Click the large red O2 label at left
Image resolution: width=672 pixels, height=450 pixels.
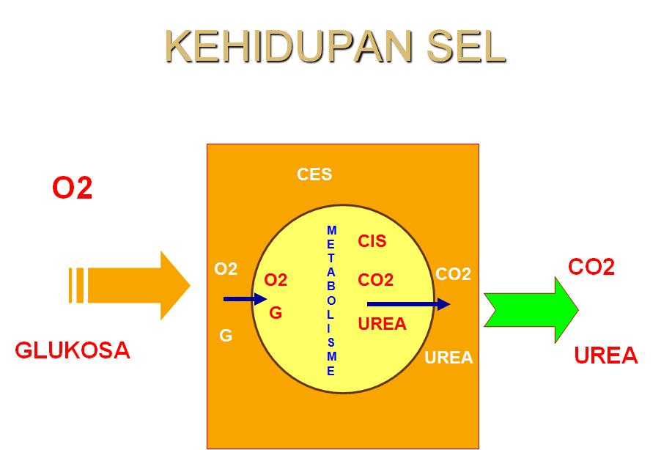point(72,188)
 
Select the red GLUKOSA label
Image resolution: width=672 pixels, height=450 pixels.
point(73,350)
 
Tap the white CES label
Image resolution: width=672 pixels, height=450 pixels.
point(314,174)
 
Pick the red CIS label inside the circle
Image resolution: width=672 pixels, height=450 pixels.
point(372,241)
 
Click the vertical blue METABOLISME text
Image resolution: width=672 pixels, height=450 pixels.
point(331,300)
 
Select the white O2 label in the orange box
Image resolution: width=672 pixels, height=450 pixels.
point(226,269)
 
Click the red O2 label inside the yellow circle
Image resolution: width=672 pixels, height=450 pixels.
point(276,280)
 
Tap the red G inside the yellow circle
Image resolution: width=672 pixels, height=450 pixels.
point(276,313)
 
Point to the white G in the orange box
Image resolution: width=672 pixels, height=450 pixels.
point(226,336)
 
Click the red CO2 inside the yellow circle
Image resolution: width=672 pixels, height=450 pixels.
point(376,280)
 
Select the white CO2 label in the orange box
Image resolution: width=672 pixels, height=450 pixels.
point(453,274)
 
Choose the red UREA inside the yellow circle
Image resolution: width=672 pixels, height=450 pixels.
point(382,323)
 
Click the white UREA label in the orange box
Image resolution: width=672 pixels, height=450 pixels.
point(449,358)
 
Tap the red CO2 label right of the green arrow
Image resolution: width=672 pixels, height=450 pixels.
point(591,267)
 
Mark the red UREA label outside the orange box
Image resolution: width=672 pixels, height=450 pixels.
point(606,356)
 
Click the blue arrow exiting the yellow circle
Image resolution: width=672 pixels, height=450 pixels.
point(408,303)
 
